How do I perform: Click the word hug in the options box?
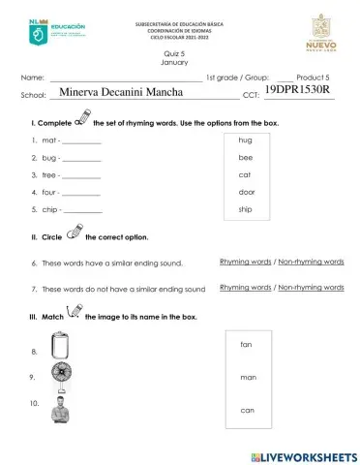coord(245,140)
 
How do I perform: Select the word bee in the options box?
coord(245,157)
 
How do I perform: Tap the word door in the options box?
coord(246,192)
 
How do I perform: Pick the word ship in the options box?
coord(245,209)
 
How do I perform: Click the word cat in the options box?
coord(245,174)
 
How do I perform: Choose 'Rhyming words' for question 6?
coord(245,262)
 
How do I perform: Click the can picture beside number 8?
coord(60,347)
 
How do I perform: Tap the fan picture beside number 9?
coord(60,377)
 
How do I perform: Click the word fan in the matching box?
coord(246,344)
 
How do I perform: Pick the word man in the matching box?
coord(247,377)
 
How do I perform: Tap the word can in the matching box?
coord(247,410)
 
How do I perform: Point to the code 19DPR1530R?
coord(297,89)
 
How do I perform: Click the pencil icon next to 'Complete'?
coord(81,123)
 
